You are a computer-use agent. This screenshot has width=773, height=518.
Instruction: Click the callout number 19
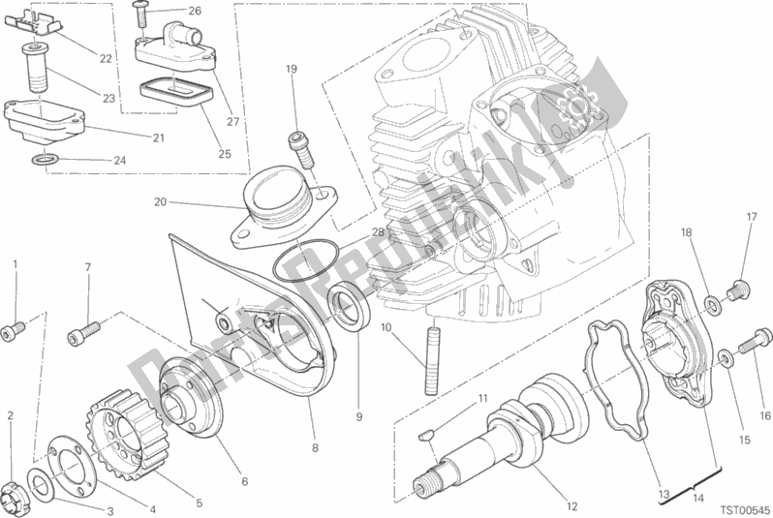(292, 69)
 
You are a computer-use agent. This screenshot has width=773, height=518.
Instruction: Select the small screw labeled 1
(14, 330)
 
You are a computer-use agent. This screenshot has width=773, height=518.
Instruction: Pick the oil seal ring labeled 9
(350, 309)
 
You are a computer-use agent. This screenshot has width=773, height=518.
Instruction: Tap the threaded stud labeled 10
(431, 357)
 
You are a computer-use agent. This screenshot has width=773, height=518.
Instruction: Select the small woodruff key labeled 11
(425, 435)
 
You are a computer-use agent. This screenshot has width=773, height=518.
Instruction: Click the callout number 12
(572, 506)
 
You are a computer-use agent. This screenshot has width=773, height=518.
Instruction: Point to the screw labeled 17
(739, 289)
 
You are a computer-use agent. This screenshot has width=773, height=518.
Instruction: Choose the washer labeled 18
(711, 305)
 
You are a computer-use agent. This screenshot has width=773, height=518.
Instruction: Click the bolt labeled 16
(755, 342)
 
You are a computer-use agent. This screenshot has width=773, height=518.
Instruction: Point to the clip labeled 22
(32, 25)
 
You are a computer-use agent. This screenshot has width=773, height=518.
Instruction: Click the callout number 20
(160, 201)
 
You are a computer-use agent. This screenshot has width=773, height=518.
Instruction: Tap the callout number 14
(698, 498)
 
